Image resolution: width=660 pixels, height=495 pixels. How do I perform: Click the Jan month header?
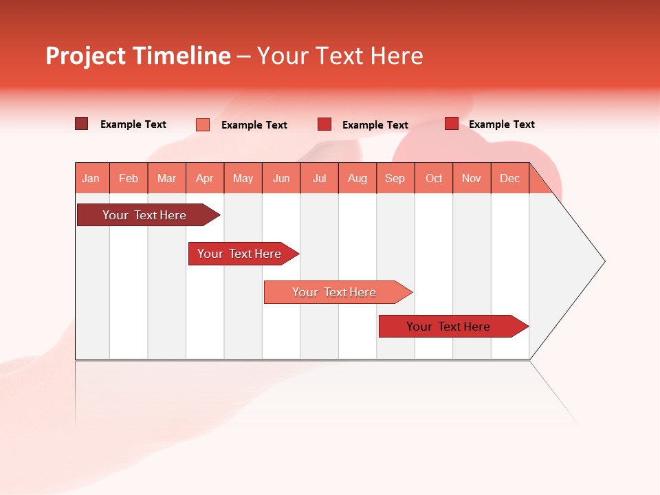pyautogui.click(x=91, y=178)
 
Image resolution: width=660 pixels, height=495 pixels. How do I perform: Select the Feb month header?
pyautogui.click(x=129, y=178)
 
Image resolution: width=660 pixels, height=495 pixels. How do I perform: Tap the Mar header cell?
pyautogui.click(x=166, y=178)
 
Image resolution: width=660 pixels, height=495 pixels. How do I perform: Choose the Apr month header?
pyautogui.click(x=205, y=178)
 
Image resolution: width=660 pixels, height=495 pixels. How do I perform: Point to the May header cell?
pyautogui.click(x=243, y=178)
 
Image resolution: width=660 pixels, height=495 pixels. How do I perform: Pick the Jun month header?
pyautogui.click(x=281, y=178)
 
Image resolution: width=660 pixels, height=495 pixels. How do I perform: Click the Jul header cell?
pyautogui.click(x=319, y=178)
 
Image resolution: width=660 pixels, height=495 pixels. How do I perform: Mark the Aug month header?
pyautogui.click(x=357, y=178)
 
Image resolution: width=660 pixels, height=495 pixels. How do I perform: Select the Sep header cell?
pyautogui.click(x=395, y=178)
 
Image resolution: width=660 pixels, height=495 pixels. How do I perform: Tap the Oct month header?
pyautogui.click(x=434, y=178)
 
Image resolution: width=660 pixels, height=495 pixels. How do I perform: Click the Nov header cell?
pyautogui.click(x=472, y=178)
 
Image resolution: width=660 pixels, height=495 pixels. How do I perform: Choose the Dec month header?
pyautogui.click(x=510, y=178)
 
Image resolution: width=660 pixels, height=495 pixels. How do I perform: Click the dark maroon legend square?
pyautogui.click(x=82, y=124)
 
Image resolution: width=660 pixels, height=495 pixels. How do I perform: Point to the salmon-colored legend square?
pyautogui.click(x=203, y=124)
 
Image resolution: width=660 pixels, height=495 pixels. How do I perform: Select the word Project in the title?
pyautogui.click(x=86, y=56)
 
